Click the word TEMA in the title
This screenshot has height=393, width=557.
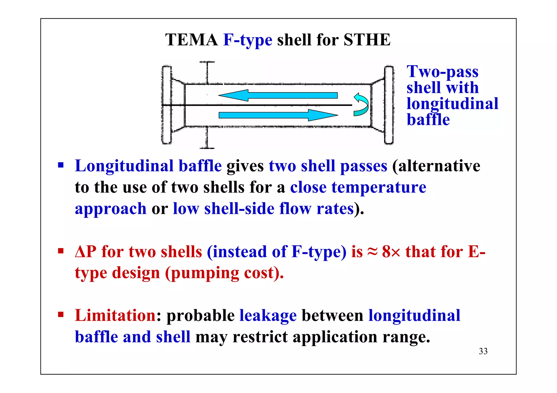point(191,40)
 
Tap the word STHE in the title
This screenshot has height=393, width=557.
point(367,40)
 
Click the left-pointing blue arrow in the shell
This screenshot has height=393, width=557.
point(277,95)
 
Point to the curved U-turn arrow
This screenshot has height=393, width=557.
point(361,105)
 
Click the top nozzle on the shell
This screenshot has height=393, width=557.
point(207,72)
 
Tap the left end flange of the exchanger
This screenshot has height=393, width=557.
point(166,105)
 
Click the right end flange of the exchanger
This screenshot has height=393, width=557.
point(389,105)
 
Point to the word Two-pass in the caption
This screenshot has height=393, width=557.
point(442,72)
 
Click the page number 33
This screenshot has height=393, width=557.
point(483,351)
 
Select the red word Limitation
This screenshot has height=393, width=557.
point(115,315)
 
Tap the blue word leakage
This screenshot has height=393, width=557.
point(268,316)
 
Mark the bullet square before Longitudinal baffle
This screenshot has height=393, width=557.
point(61,165)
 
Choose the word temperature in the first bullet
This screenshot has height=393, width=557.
point(379,187)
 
